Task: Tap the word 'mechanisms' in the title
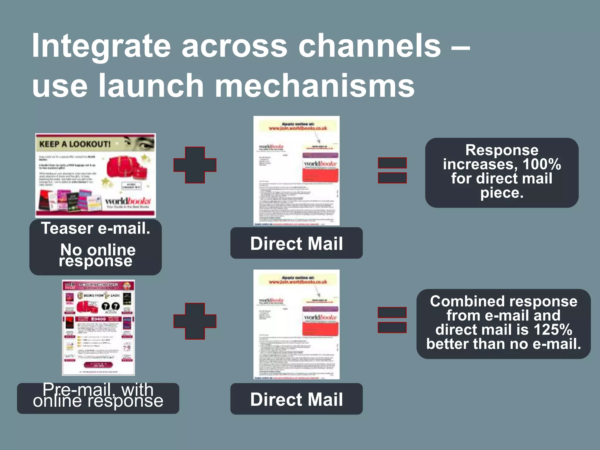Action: pos(315,86)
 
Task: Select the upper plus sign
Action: pos(195,165)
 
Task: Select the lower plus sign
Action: pos(195,321)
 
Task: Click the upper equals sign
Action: pos(392,170)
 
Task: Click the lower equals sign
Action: pos(392,320)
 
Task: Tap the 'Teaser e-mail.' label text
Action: pos(96,229)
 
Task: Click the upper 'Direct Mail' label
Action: pos(296,243)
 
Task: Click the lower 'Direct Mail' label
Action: pos(296,399)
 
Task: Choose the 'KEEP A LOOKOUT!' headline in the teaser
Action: pos(75,144)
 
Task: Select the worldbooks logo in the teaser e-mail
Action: pos(128,202)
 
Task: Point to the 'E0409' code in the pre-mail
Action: pos(98,319)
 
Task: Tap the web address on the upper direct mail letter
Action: pos(298,128)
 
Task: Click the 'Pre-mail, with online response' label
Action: pos(98,396)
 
